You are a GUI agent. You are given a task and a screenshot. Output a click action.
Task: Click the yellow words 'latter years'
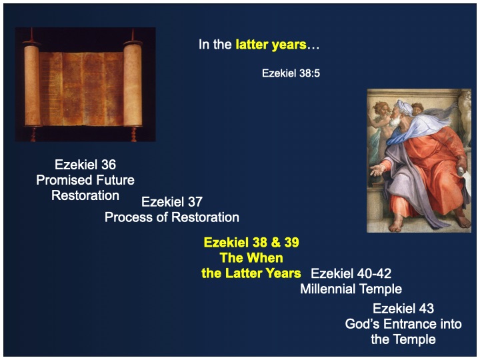tap(271, 45)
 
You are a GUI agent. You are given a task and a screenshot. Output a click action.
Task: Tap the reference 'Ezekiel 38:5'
tap(291, 73)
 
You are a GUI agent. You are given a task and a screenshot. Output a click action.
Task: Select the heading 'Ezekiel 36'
tap(85, 165)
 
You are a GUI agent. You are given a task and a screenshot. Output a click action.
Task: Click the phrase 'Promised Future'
tap(85, 180)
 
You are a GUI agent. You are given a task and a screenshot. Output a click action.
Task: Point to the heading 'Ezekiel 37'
tap(172, 202)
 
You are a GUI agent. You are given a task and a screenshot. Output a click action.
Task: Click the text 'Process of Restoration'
tap(172, 217)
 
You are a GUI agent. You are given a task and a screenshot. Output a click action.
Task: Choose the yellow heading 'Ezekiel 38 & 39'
tap(251, 243)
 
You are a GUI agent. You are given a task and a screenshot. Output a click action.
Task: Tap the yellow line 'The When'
tap(251, 258)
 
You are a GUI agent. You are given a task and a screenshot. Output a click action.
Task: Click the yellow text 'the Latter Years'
tap(251, 273)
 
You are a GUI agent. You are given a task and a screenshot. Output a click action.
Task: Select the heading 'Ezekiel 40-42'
tap(351, 273)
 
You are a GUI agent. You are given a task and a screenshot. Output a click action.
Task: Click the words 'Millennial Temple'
tap(351, 289)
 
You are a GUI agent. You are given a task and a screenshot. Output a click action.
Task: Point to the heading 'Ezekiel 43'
tap(403, 309)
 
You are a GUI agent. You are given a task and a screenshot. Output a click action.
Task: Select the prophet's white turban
tap(405, 107)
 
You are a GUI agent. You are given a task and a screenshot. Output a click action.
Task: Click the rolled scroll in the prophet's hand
tap(461, 171)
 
